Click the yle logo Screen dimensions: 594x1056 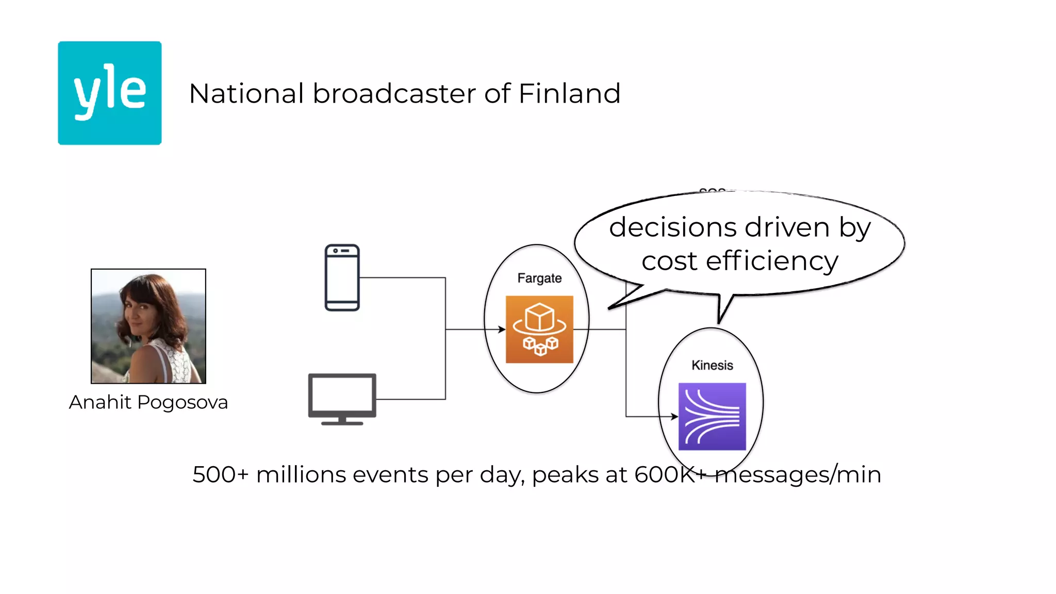(109, 93)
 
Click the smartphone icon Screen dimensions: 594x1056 (342, 277)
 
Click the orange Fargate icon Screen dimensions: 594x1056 (539, 329)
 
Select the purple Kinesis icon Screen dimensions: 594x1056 (712, 416)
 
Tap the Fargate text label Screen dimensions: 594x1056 (539, 278)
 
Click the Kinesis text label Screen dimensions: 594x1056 (712, 366)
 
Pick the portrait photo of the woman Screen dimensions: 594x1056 (148, 326)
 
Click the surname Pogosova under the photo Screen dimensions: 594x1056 (183, 403)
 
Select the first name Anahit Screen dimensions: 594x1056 (100, 402)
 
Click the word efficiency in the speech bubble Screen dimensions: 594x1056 (772, 261)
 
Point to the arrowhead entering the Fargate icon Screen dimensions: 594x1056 (502, 329)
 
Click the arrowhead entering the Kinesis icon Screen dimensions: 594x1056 (674, 416)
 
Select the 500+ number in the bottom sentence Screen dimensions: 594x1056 (220, 474)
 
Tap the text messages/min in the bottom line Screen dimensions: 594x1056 (798, 474)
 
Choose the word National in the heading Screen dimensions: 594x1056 (246, 94)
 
